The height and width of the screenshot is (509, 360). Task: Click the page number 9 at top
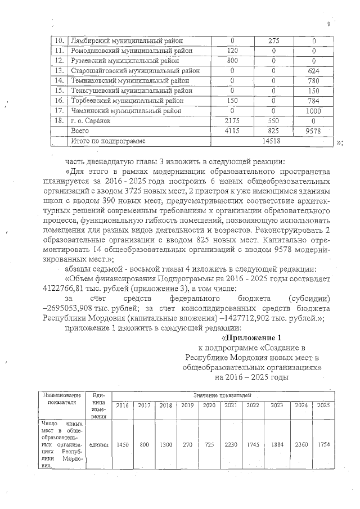pos(328,23)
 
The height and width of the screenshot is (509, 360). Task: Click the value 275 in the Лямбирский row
pos(273,41)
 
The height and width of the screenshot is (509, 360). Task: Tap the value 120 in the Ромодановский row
pos(232,51)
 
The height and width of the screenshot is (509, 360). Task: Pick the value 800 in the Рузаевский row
pos(232,61)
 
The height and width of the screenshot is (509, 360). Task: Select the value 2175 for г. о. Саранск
pos(232,121)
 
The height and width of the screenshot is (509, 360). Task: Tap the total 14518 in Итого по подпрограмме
pos(273,141)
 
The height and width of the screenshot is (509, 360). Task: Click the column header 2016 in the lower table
pos(122,406)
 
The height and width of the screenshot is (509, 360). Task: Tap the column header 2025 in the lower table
pos(323,406)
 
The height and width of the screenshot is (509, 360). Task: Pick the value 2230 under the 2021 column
pos(231,444)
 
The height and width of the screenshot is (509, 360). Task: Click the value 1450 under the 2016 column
pos(122,444)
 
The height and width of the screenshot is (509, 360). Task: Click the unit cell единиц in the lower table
pos(99,444)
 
